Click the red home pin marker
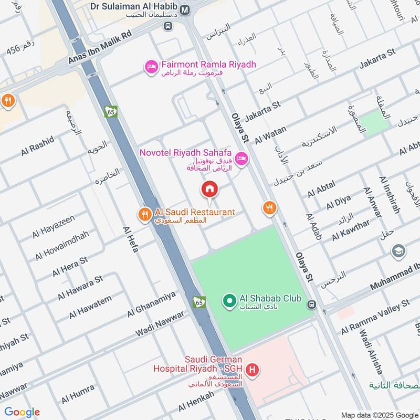[209, 189]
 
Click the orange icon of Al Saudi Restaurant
[144, 214]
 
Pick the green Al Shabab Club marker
[229, 301]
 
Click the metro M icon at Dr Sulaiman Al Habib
[185, 9]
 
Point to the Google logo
[22, 412]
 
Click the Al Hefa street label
[130, 239]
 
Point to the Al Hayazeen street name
[54, 226]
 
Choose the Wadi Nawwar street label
[160, 324]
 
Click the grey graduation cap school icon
[398, 251]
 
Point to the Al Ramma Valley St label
[375, 318]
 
